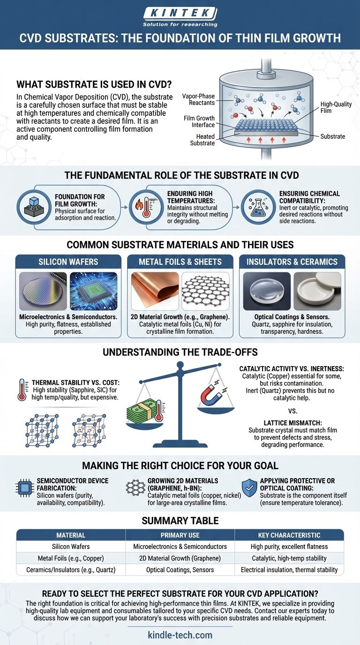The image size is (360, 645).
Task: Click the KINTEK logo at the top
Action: (180, 17)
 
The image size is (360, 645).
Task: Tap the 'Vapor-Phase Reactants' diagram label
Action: (198, 99)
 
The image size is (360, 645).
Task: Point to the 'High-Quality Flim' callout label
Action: (336, 107)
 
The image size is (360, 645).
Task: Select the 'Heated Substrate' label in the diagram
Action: (202, 140)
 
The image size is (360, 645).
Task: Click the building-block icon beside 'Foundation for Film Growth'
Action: (34, 207)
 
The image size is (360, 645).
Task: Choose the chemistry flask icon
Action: (258, 207)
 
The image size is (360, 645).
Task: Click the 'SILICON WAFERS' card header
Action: (68, 262)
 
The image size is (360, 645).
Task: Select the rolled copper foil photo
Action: (155, 291)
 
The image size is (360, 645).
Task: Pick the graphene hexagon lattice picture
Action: (206, 291)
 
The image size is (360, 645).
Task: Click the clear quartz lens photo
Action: (267, 291)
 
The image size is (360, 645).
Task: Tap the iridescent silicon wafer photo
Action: (43, 291)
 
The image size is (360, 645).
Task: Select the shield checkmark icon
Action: (249, 487)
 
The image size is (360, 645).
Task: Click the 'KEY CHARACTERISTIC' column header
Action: (289, 535)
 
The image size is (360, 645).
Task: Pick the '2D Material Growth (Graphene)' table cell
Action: (180, 558)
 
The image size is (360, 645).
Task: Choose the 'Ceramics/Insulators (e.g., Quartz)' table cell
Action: (71, 570)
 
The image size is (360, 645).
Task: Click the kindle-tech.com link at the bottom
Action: (180, 635)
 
